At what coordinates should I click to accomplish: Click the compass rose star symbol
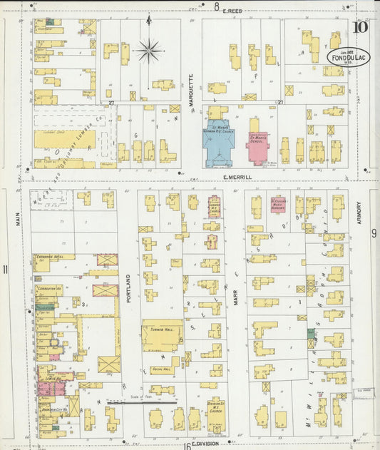(149, 50)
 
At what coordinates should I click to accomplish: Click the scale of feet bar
(142, 403)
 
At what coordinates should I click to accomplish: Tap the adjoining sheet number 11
(6, 269)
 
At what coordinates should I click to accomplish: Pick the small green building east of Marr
(311, 333)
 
